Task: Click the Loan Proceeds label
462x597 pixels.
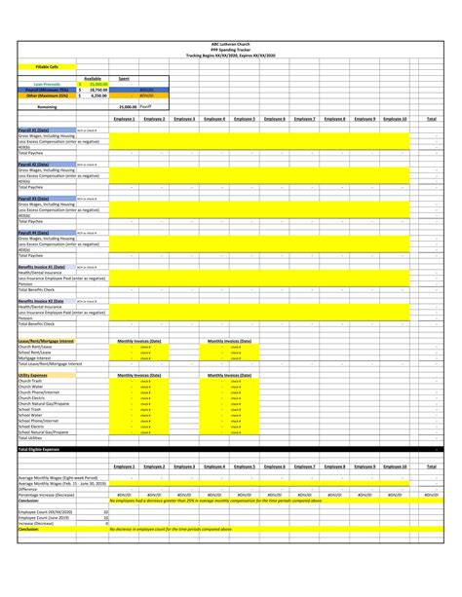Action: point(39,84)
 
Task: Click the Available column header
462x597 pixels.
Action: point(93,78)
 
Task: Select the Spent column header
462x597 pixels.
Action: point(124,78)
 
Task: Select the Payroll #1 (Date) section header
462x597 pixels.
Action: point(35,130)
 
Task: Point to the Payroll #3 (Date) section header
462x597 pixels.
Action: point(35,198)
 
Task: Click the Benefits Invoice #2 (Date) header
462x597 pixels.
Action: point(42,301)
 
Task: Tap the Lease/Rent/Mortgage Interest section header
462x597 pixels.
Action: point(46,341)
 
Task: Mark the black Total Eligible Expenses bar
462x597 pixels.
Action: point(231,449)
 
